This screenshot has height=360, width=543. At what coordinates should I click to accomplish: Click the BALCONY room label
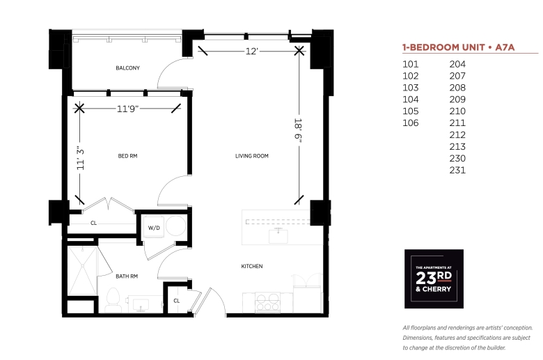point(128,68)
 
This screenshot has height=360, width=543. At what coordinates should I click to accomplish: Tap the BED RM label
point(128,156)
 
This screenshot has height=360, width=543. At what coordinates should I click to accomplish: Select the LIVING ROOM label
point(252,156)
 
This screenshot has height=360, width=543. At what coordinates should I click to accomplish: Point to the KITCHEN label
point(252,266)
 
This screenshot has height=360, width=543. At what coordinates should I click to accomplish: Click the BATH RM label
point(127,276)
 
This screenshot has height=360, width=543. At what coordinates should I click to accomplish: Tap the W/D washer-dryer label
point(154,228)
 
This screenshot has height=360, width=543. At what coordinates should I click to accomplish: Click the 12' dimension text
point(252,52)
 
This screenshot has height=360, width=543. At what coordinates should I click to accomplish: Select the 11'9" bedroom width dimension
point(128,109)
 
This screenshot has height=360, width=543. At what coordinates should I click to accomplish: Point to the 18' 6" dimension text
point(298,129)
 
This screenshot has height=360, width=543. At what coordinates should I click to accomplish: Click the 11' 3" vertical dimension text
point(80,157)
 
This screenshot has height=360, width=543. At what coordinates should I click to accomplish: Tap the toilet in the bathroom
point(113,300)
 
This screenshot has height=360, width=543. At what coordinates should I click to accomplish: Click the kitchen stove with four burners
point(267,302)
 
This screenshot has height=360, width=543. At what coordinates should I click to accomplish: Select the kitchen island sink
point(278,235)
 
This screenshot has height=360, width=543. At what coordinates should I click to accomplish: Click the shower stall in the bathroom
point(82,271)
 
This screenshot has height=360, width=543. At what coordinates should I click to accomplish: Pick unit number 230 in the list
point(457,158)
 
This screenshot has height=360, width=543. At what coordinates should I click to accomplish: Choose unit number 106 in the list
point(411,123)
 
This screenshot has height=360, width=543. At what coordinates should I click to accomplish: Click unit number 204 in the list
point(457,64)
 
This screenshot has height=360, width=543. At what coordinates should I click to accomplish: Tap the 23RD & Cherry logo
point(434,279)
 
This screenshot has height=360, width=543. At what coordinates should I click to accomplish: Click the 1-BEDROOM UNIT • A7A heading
point(459,47)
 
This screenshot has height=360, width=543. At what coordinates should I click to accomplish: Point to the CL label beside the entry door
point(177,301)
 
